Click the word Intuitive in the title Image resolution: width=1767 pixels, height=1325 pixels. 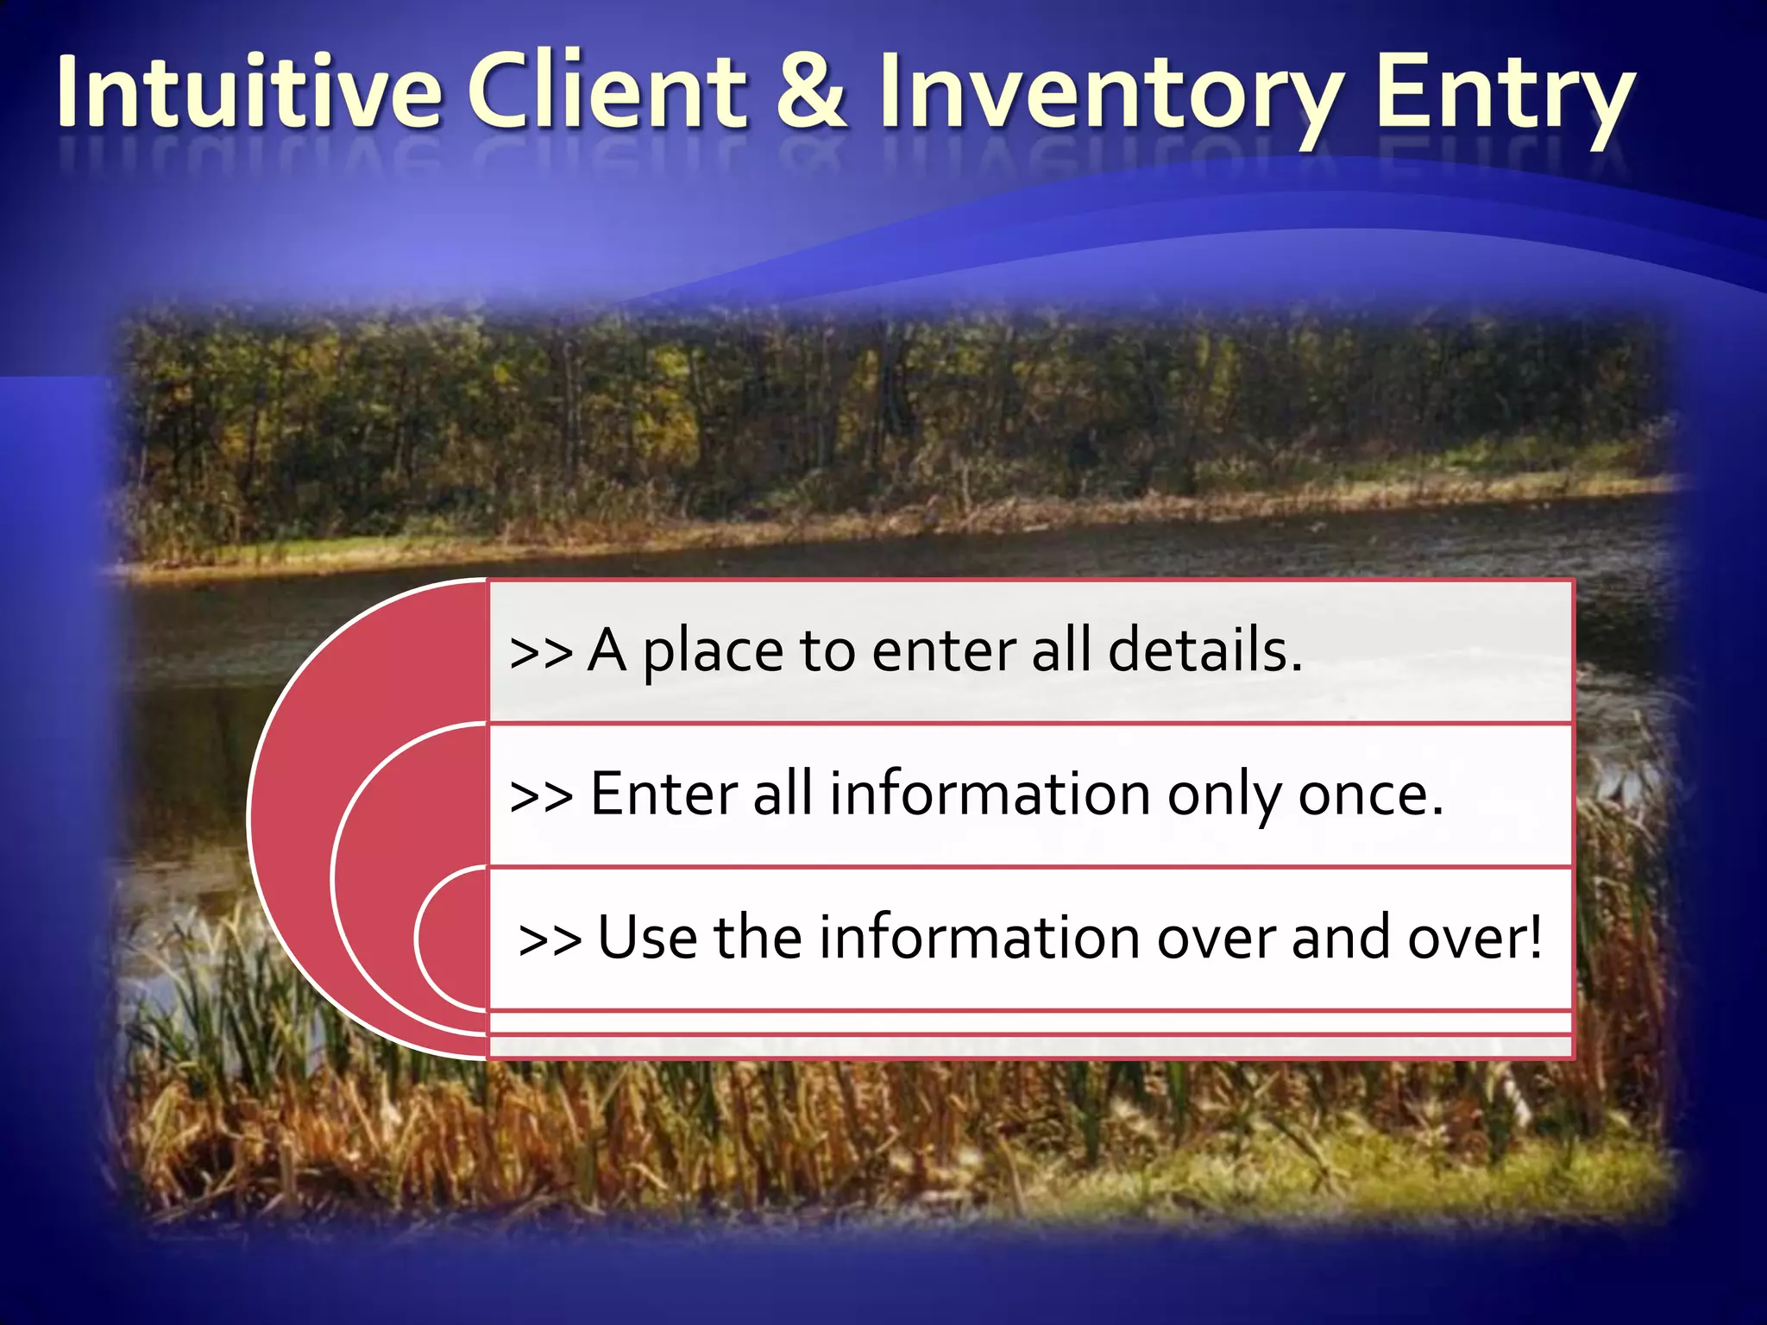click(x=249, y=91)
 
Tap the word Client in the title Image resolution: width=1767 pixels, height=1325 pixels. click(x=607, y=91)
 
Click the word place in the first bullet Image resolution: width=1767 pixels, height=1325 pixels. click(x=713, y=652)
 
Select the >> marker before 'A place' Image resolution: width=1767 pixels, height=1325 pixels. click(x=541, y=652)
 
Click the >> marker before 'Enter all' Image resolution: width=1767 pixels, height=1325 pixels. click(x=541, y=795)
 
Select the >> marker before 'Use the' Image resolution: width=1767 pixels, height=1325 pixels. click(x=550, y=939)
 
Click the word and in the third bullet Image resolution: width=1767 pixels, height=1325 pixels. click(x=1341, y=938)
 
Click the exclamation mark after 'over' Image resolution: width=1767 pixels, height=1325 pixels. click(x=1532, y=938)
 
